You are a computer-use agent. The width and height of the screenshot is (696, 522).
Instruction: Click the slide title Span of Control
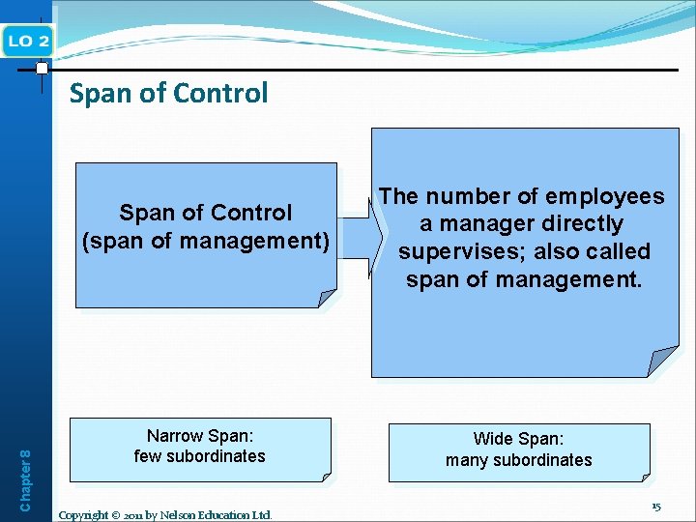pyautogui.click(x=168, y=94)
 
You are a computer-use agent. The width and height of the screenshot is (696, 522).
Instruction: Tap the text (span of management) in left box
pyautogui.click(x=206, y=240)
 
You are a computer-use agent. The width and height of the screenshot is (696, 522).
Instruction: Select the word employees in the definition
pyautogui.click(x=605, y=197)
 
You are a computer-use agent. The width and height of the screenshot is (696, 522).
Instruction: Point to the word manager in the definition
pyautogui.click(x=489, y=224)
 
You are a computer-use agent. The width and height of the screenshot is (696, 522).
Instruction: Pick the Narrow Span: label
pyautogui.click(x=200, y=436)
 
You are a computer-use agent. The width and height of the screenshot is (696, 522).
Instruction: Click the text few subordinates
pyautogui.click(x=199, y=456)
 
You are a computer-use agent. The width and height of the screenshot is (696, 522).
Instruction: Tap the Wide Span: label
pyautogui.click(x=519, y=440)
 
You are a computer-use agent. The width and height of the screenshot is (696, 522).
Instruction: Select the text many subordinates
pyautogui.click(x=519, y=460)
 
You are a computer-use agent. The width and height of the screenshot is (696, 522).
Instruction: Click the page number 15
pyautogui.click(x=656, y=506)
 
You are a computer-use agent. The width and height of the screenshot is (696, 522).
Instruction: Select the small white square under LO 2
pyautogui.click(x=42, y=69)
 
